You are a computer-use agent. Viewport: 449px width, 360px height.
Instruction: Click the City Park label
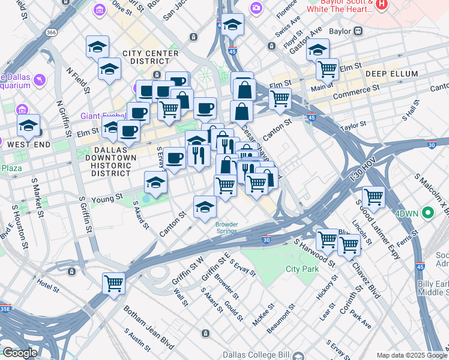[302, 269]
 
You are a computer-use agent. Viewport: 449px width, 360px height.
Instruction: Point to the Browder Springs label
[227, 228]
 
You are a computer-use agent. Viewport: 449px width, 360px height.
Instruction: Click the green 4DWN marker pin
[428, 212]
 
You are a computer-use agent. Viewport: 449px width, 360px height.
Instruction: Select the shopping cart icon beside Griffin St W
[113, 283]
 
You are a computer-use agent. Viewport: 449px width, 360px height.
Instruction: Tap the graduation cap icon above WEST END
[28, 125]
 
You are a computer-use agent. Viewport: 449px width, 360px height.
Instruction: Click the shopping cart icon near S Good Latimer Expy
[373, 196]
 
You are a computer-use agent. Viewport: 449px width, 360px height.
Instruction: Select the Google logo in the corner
[20, 353]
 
